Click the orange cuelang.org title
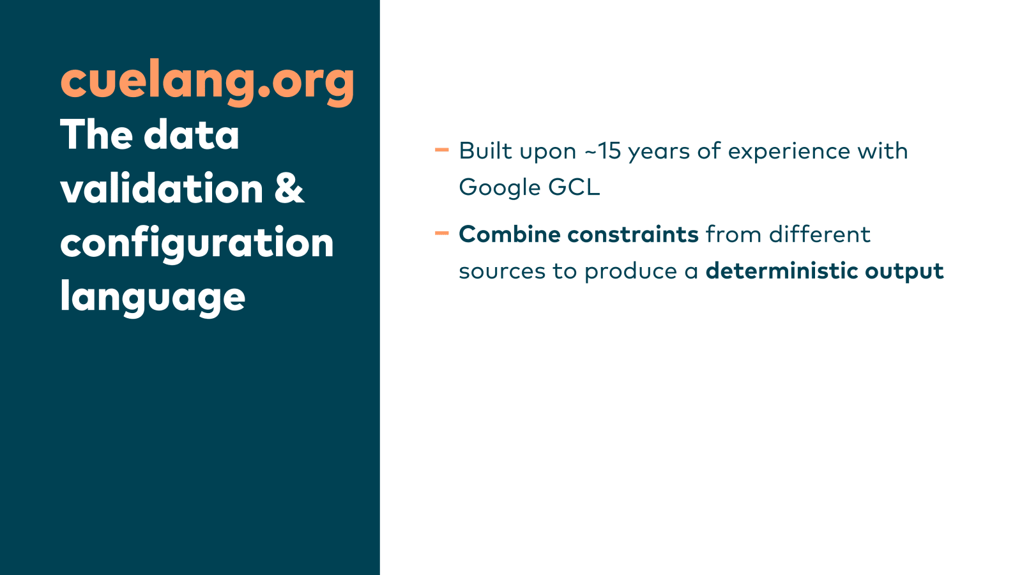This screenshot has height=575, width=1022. pos(207,82)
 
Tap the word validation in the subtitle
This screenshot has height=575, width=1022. pos(162,188)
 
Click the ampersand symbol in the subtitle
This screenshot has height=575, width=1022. pos(289,188)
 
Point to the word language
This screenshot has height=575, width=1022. pos(153,298)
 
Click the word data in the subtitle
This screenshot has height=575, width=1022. pos(191,135)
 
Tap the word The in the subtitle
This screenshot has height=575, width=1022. pos(96,135)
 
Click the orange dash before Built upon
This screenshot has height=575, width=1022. pos(441,149)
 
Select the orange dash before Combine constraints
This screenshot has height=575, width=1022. pos(441,233)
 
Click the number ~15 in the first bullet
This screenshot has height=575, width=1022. pos(603,151)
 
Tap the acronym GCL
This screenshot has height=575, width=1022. pos(574,187)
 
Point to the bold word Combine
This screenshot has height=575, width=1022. pos(510,234)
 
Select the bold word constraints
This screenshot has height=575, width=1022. pos(633,234)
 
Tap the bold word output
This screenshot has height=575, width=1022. pos(904,272)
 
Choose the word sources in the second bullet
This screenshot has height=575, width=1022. pos(502,272)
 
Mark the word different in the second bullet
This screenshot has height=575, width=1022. pos(820,234)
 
